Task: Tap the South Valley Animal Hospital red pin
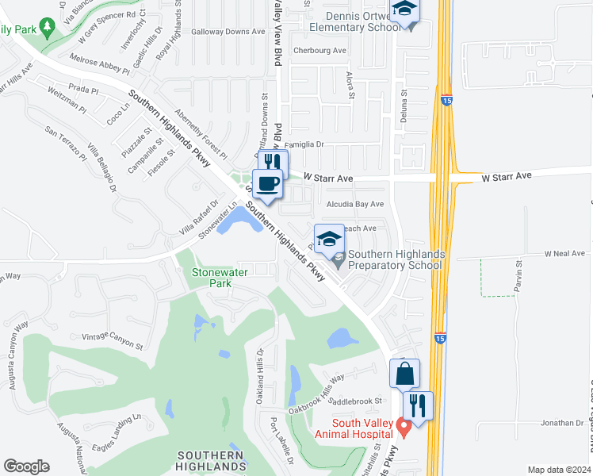click(x=404, y=429)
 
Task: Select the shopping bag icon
click(x=404, y=373)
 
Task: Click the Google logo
click(x=27, y=466)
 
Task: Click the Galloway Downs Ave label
click(x=229, y=32)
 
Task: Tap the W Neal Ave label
click(x=564, y=253)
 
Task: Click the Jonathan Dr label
click(x=562, y=423)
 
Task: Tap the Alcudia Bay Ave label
click(x=355, y=204)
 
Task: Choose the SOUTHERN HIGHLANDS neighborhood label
click(x=210, y=461)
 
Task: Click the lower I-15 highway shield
click(x=440, y=338)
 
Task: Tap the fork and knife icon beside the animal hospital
click(x=418, y=405)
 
